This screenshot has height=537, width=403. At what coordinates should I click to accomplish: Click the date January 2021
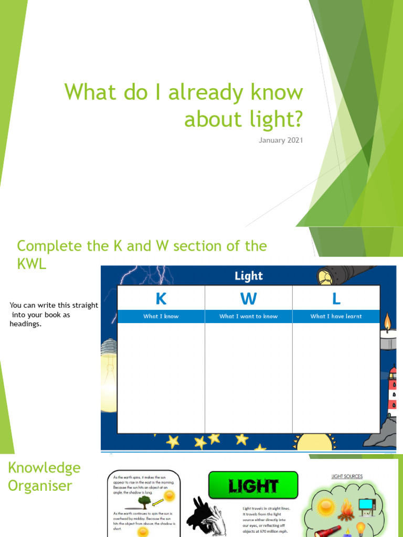(281, 140)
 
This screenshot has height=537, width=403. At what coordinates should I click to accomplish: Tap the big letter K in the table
(161, 298)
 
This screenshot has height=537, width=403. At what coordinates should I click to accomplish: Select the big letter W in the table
(248, 298)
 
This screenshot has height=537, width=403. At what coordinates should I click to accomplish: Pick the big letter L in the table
(336, 298)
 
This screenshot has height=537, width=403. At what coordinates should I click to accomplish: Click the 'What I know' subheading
(161, 316)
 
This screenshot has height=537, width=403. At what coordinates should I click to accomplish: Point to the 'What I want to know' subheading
(248, 316)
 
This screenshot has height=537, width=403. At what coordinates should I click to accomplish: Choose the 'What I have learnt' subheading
(336, 316)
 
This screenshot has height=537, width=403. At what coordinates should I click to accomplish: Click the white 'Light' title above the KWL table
(249, 276)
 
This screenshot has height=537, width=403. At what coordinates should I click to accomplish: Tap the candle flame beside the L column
(388, 321)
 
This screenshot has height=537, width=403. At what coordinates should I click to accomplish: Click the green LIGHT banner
(253, 486)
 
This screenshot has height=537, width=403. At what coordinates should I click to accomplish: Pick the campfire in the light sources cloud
(346, 510)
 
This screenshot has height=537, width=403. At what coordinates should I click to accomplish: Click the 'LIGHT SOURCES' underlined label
(347, 477)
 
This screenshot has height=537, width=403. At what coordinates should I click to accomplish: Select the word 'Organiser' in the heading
(40, 486)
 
